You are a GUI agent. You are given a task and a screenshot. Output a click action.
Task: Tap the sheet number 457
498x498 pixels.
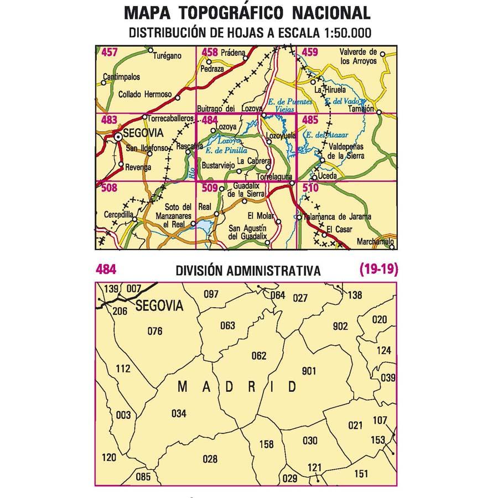tap(110, 53)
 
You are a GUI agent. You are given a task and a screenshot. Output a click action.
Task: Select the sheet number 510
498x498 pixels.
tap(310, 188)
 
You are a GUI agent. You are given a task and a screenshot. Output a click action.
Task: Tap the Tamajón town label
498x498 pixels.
tap(362, 108)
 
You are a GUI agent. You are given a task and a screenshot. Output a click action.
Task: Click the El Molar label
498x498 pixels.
tap(258, 215)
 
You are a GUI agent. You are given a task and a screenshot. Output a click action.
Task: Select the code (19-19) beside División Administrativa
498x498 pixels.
tap(378, 269)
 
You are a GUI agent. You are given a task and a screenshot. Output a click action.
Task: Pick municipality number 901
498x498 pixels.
tap(309, 371)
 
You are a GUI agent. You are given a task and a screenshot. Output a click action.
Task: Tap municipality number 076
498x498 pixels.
tap(155, 331)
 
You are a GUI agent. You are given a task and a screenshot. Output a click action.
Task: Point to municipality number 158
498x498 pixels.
tap(266, 444)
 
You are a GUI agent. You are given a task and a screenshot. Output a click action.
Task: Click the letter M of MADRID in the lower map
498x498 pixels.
tap(183, 387)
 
